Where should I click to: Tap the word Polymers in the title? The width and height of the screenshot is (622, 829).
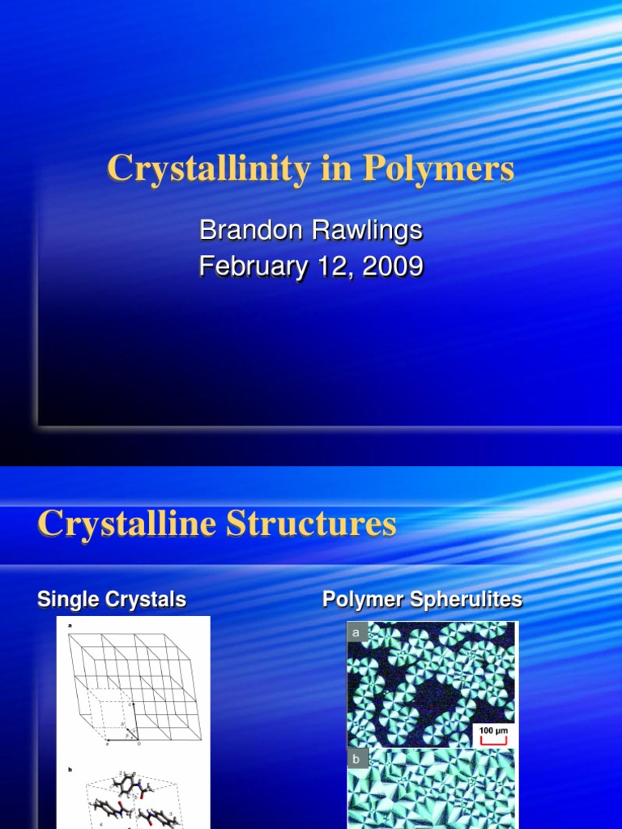click(438, 168)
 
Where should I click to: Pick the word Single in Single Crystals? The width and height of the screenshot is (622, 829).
click(66, 600)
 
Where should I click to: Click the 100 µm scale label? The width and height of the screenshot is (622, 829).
click(493, 731)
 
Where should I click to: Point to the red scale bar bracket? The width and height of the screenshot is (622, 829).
click(493, 740)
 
